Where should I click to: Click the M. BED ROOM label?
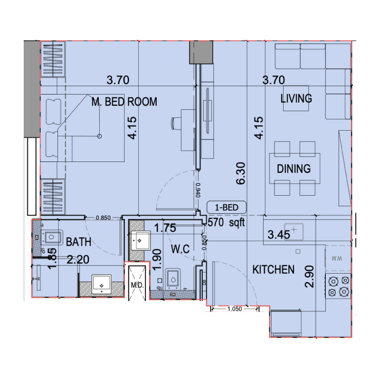click(124, 102)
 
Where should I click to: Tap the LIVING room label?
click(296, 99)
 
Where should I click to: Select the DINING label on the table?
click(294, 169)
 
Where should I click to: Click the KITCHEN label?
click(273, 270)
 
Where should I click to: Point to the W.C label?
click(181, 249)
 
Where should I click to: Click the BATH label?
click(78, 242)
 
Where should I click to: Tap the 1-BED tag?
click(226, 207)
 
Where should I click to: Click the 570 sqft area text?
click(227, 222)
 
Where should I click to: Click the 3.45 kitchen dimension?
click(278, 234)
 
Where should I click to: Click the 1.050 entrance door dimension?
click(235, 309)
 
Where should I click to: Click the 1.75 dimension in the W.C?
click(165, 228)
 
